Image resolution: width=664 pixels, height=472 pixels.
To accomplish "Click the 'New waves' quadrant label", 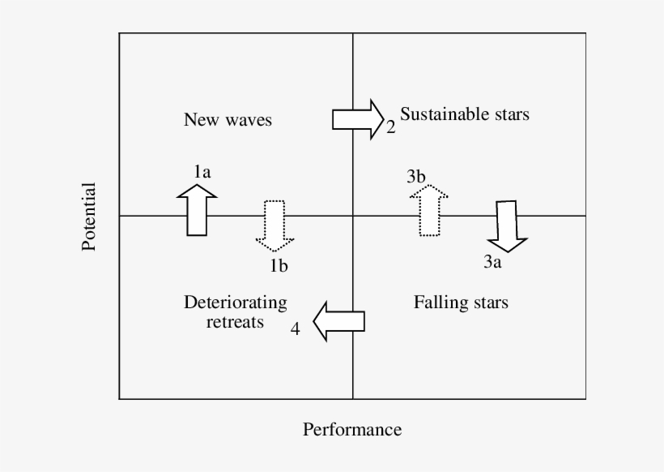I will (228, 120).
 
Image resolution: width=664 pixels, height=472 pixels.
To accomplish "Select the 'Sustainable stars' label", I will (465, 114).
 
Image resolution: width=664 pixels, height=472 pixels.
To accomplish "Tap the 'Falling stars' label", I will (461, 303).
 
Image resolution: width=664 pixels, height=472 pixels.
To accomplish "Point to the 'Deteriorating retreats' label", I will (235, 312).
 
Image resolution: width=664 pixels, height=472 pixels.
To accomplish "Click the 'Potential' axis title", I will (89, 217).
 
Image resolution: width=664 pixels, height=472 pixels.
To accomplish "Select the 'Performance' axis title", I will (352, 429).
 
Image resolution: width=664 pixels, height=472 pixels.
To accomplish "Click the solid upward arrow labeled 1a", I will (197, 209).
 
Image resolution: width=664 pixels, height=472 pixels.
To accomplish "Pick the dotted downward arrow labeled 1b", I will (275, 223).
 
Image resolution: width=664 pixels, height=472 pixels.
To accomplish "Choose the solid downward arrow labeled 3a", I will (508, 225).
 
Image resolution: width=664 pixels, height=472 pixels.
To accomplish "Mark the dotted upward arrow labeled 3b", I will (428, 210).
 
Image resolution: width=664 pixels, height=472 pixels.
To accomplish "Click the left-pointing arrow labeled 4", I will (338, 321).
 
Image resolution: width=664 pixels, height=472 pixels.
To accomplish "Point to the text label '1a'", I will (202, 171).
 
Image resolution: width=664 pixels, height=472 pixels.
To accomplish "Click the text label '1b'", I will (279, 265).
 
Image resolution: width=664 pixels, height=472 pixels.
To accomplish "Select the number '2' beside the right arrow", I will (390, 128).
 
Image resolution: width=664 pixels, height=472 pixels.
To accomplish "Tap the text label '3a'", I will (493, 262).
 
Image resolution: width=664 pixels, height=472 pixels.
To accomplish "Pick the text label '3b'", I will (416, 176).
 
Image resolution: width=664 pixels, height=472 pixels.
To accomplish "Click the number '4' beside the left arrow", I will (296, 328).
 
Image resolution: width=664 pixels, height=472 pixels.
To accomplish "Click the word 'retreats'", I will (235, 322).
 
